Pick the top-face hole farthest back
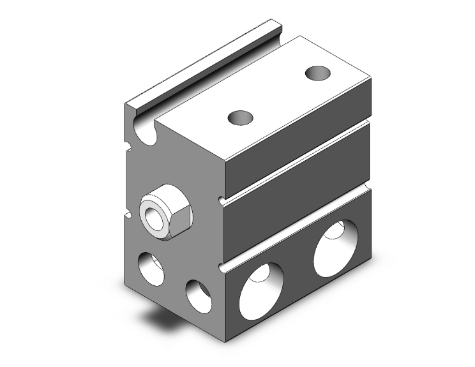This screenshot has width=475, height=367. pos(317,73)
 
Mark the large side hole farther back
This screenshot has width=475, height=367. pos(333,244)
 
